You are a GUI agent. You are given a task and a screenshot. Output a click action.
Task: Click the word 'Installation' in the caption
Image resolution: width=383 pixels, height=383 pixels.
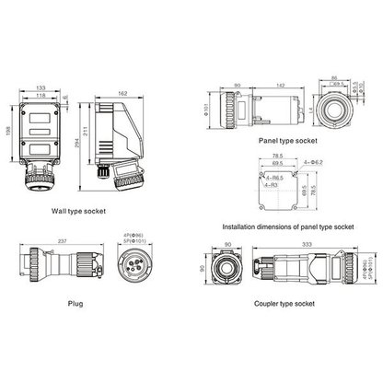240,226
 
